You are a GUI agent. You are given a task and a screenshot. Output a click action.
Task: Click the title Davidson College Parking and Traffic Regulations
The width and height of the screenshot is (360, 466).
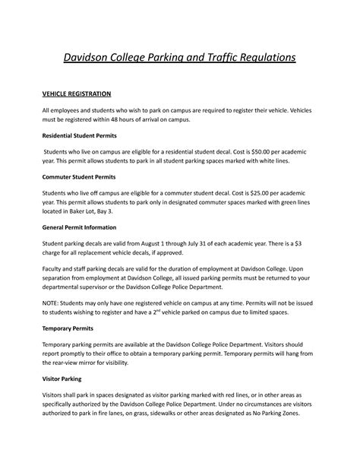point(179,58)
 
